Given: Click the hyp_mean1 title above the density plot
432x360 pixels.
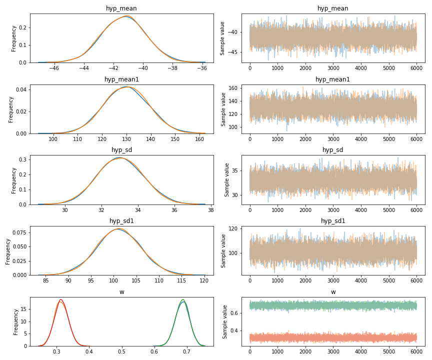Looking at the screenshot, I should click(121, 79).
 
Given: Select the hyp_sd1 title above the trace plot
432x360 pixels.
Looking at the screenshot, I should click(333, 221).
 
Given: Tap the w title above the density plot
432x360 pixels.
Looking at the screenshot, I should click(121, 292).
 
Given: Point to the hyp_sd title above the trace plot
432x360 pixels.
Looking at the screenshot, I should click(333, 150).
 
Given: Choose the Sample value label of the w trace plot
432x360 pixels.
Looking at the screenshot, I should click(225, 322).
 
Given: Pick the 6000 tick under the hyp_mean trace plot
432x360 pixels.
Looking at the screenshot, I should click(416, 68).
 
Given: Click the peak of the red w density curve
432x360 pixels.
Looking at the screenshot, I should click(60, 299).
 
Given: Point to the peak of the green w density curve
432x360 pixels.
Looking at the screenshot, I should click(183, 299).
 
